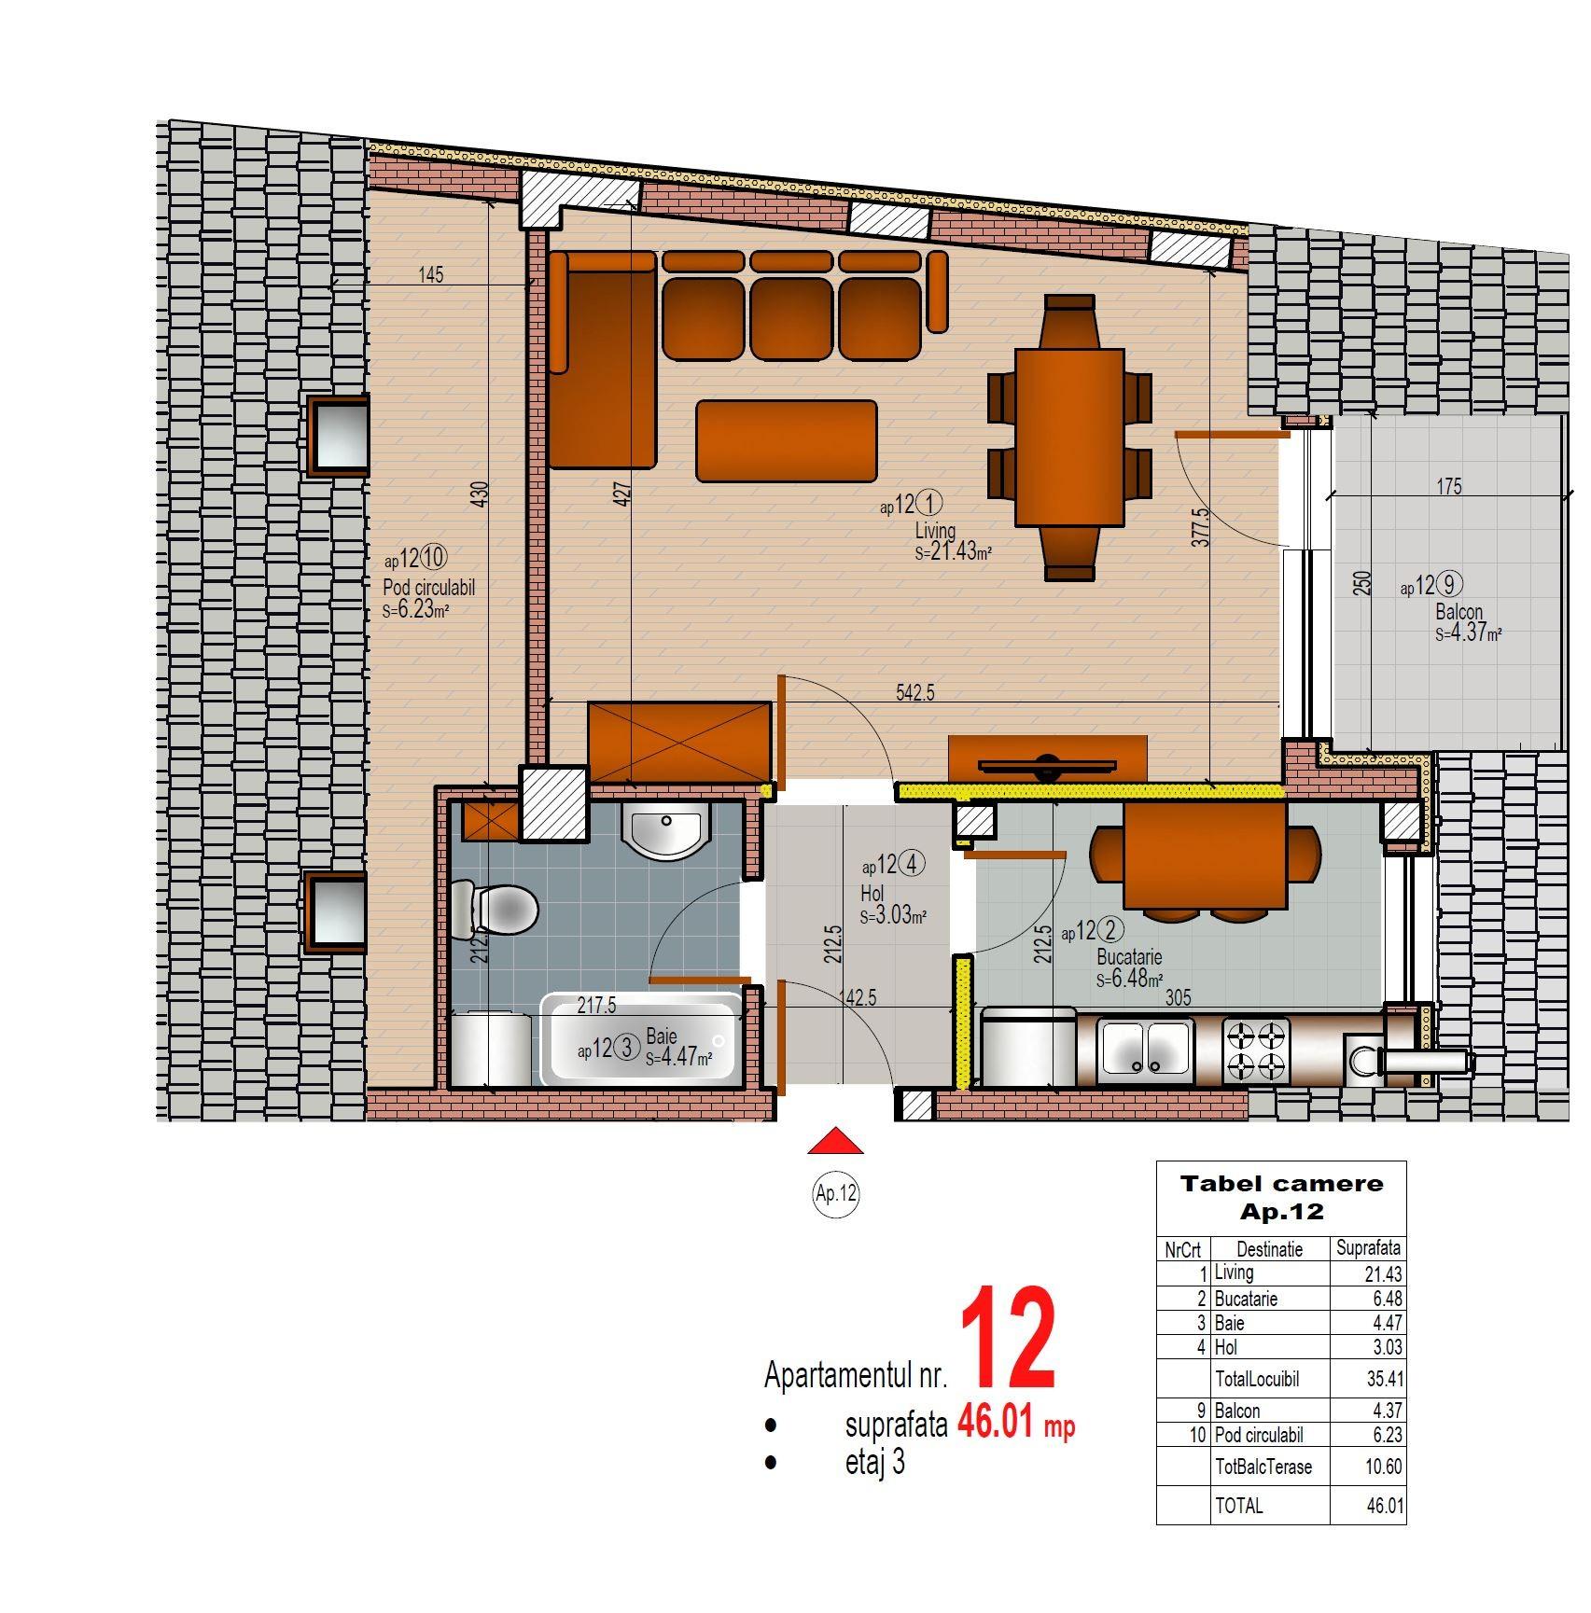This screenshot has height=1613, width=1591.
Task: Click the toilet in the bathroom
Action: [495, 909]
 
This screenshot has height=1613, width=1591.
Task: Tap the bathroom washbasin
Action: [666, 829]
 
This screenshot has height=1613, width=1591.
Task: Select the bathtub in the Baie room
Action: [642, 1039]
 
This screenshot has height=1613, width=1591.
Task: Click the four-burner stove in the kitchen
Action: [1256, 1050]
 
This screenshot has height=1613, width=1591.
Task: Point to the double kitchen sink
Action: [1146, 1049]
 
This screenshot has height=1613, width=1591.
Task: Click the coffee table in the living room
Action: [787, 440]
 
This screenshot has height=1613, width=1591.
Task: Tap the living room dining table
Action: [1069, 438]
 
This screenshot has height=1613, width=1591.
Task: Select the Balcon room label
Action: [1459, 613]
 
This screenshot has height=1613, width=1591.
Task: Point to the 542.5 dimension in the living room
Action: [914, 693]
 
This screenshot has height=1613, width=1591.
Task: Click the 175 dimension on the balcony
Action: [1449, 486]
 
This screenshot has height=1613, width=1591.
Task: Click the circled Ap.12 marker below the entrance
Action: [836, 1194]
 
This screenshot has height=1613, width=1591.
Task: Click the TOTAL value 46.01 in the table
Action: [1385, 1506]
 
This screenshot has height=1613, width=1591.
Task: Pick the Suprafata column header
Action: [1368, 1248]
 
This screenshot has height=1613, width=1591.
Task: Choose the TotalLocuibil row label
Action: [1257, 1379]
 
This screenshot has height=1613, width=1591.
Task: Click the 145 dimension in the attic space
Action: [431, 274]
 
